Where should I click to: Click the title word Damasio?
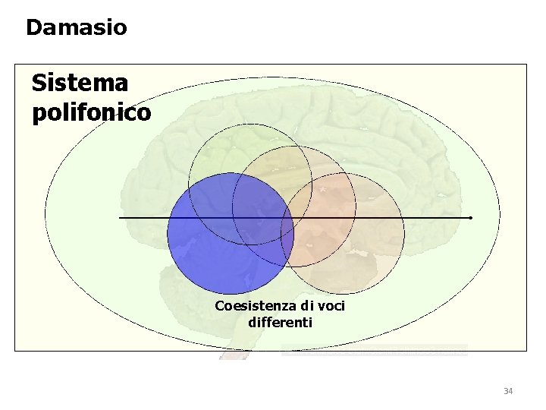click(x=76, y=28)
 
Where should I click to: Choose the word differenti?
click(x=280, y=322)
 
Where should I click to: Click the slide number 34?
click(x=507, y=391)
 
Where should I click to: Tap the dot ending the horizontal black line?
click(x=471, y=218)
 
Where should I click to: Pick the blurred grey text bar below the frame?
click(x=374, y=351)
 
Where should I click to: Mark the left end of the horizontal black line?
click(x=120, y=218)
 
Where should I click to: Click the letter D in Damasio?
click(x=34, y=28)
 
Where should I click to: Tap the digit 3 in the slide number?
click(x=505, y=391)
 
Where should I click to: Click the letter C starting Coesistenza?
click(x=220, y=306)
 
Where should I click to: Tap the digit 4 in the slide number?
click(x=510, y=391)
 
